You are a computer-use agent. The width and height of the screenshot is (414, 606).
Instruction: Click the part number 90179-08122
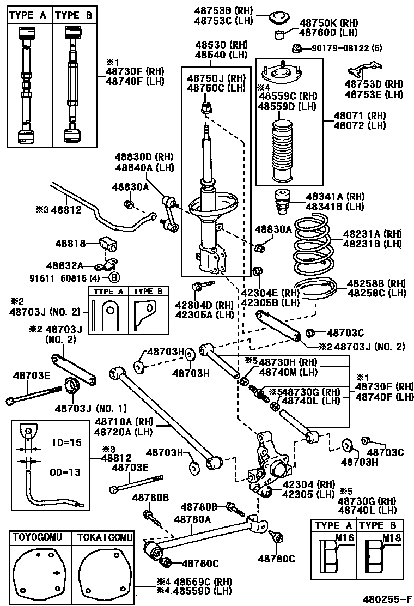point(340,49)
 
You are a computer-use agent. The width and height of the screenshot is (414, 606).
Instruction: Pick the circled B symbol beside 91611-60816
point(114,277)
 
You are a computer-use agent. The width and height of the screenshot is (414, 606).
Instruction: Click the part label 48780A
point(192,519)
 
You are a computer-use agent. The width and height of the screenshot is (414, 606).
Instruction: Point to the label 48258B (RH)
point(376,283)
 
